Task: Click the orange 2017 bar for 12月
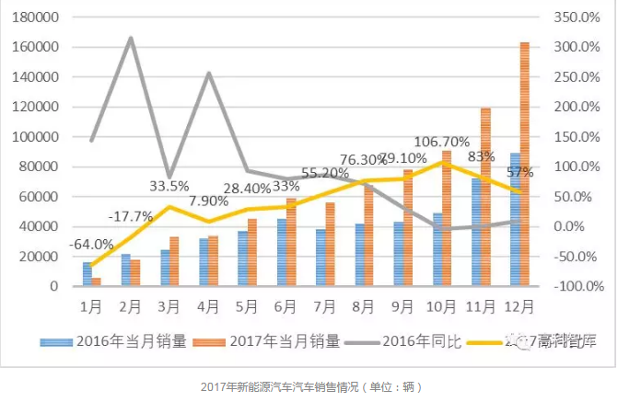click(x=524, y=166)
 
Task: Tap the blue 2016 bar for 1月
click(x=87, y=274)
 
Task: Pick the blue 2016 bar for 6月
click(x=282, y=252)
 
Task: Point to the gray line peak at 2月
click(x=131, y=38)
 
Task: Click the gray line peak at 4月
click(x=209, y=73)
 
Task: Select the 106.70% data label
click(x=442, y=142)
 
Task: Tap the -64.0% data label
click(x=91, y=245)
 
